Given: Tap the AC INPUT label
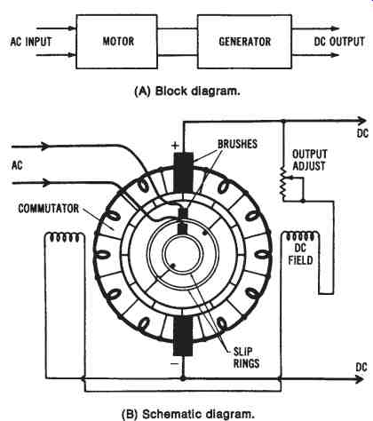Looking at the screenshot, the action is pos(31,42).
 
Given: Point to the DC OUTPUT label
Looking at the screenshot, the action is pos(339,42).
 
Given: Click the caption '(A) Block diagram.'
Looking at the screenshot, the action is pos(187,91).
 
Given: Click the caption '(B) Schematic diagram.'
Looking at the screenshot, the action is pos(188,414).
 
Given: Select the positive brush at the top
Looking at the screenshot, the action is pos(183,172).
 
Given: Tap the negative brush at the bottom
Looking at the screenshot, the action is pos(183,336).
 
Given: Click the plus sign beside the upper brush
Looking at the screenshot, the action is pos(176,146).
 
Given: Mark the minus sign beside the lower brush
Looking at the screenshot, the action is pos(175,363).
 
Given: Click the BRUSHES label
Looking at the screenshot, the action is pos(237,144).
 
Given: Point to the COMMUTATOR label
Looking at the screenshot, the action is pos(49,209).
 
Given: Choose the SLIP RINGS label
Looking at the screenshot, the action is pos(246,358).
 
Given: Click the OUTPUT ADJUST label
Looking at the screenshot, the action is pos(310,160).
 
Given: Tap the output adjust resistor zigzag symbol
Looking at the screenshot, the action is pos(284,183).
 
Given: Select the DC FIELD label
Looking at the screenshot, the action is pos(300,254).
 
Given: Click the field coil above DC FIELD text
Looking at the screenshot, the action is pos(300,236).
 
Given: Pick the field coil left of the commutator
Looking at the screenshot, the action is pos(65,237).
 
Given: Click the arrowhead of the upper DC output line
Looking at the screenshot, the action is pos(362,121).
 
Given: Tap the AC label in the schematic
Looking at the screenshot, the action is pos(17,165).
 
